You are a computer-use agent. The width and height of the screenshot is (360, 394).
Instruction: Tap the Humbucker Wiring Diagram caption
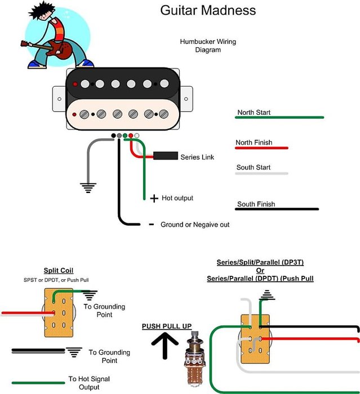(200, 46)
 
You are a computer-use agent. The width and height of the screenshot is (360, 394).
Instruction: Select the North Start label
(254, 113)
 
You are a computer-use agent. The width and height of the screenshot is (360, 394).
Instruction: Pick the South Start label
(254, 168)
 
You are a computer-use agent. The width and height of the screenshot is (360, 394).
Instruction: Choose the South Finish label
(256, 204)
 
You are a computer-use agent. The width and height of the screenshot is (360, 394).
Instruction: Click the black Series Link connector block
(165, 156)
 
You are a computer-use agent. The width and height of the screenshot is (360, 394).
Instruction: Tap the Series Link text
(197, 157)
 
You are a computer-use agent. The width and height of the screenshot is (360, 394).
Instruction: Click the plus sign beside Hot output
(154, 199)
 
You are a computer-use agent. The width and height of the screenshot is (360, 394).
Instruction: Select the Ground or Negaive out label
(195, 225)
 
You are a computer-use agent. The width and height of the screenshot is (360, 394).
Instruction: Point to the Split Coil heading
(59, 271)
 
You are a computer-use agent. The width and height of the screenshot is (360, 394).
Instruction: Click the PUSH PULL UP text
(167, 326)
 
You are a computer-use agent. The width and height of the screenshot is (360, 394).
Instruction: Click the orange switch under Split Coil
(59, 313)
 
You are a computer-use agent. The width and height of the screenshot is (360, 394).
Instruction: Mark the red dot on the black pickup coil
(74, 83)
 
